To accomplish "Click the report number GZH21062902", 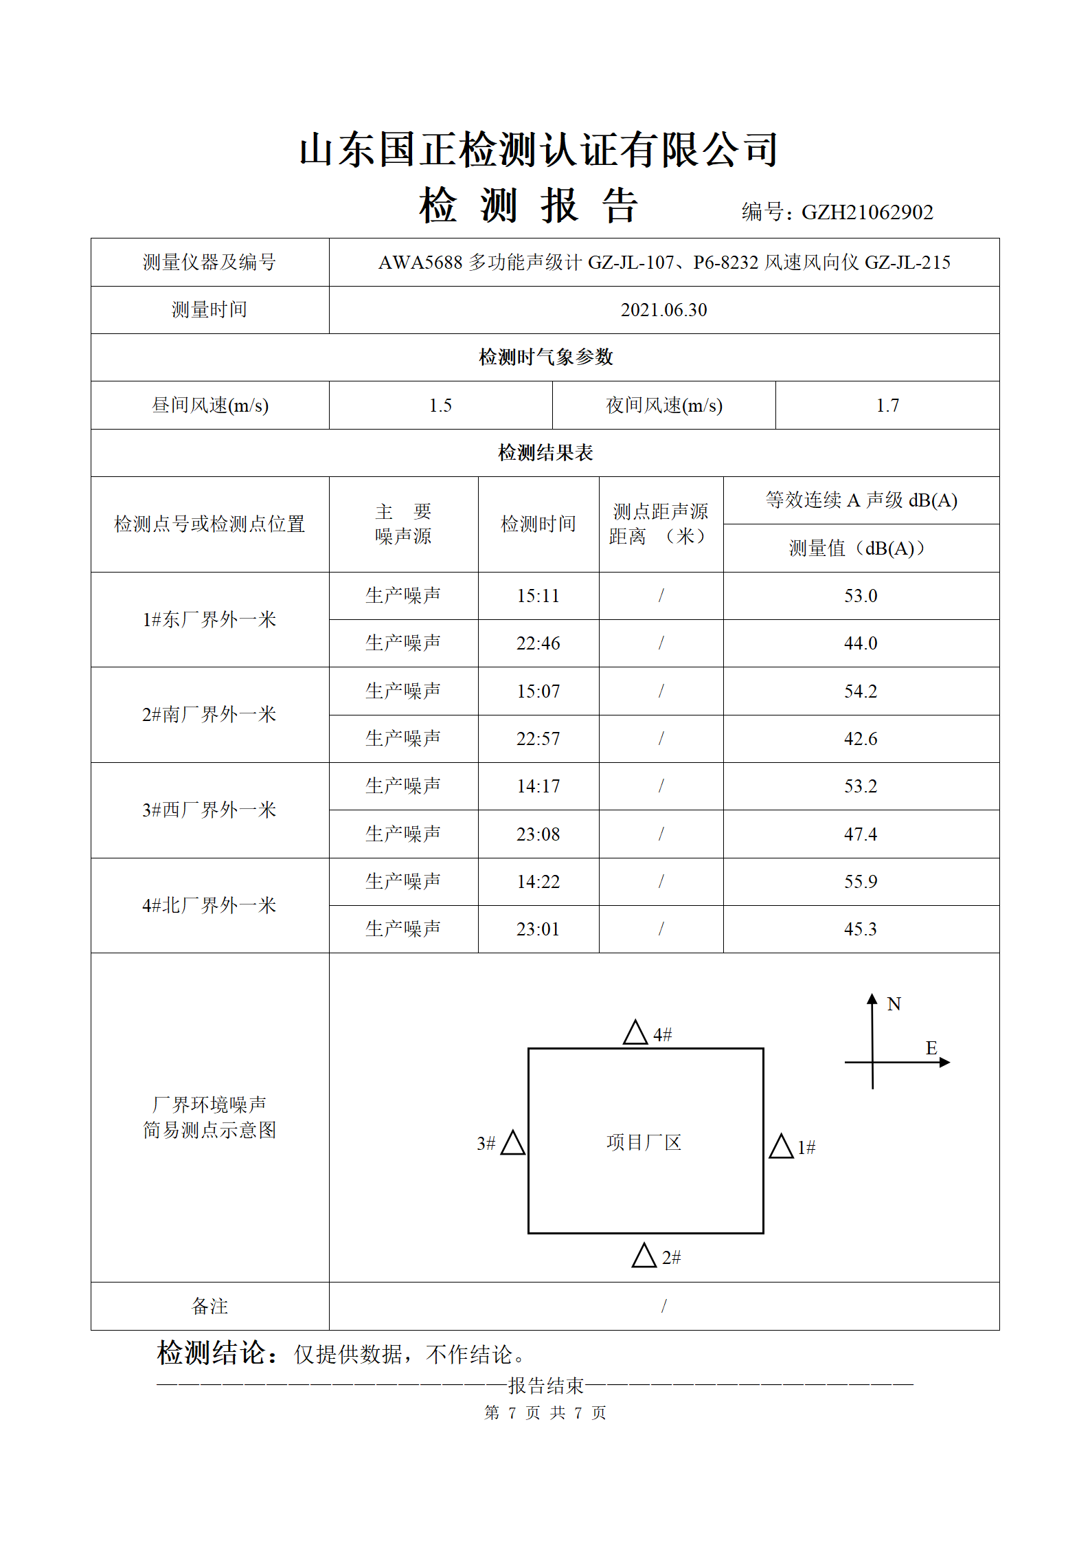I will click(x=867, y=212).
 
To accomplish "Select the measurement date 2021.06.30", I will click(x=663, y=310).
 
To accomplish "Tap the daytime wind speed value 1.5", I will click(x=440, y=406).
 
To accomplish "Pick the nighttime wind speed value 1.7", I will click(x=887, y=406).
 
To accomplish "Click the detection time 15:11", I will click(x=538, y=596).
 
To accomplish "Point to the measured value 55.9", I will click(x=861, y=882).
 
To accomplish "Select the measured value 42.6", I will click(x=861, y=739).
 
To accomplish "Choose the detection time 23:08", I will click(x=538, y=834).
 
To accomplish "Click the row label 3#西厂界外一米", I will click(x=209, y=810).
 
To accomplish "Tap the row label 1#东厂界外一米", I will click(x=209, y=620).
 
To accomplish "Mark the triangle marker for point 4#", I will click(x=635, y=1033).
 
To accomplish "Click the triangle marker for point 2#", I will click(x=644, y=1256).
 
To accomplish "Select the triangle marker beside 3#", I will click(x=513, y=1143).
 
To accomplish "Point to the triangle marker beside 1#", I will click(x=781, y=1146).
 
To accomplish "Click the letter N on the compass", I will click(x=894, y=1004).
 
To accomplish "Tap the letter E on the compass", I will click(x=931, y=1048).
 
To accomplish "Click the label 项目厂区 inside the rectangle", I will click(x=644, y=1143).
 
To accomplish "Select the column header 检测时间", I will click(x=538, y=524).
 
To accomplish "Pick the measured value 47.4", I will click(x=861, y=834).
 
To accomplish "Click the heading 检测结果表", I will click(x=545, y=453).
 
